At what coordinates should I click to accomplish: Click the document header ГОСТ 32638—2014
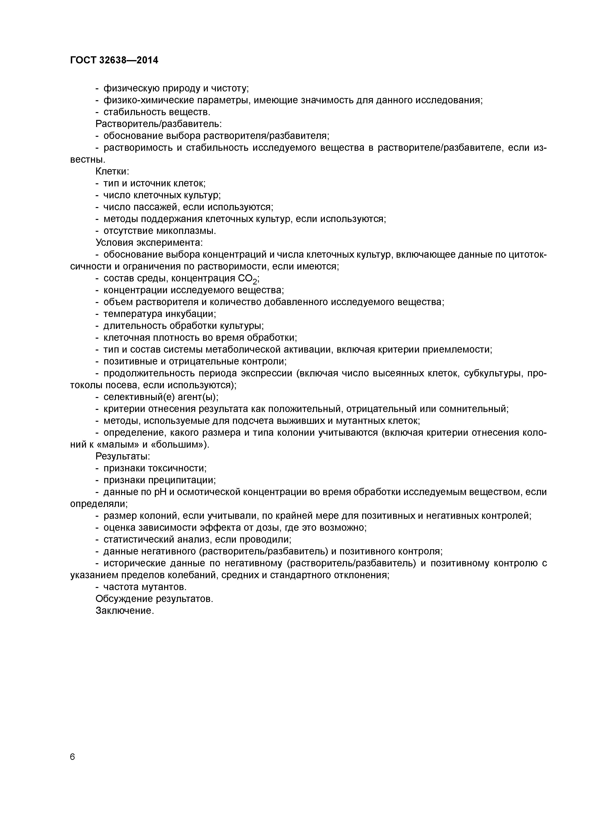tap(114, 60)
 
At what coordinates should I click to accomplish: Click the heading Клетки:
tap(113, 171)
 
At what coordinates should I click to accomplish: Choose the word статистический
tap(139, 540)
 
